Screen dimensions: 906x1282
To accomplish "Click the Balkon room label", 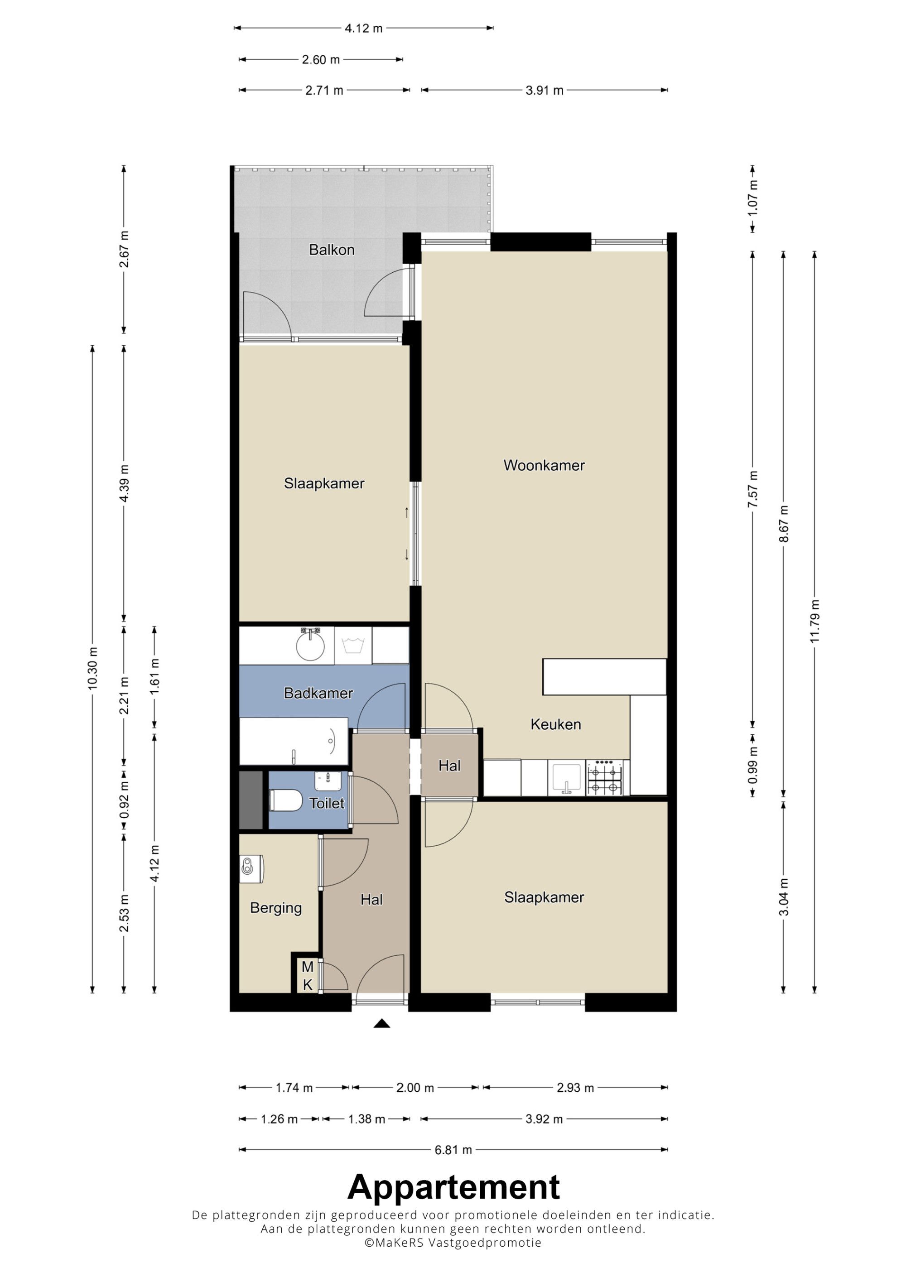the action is pyautogui.click(x=332, y=250).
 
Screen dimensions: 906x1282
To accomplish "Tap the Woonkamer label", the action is pyautogui.click(x=544, y=465).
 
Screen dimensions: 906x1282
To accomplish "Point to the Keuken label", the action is pyautogui.click(x=555, y=724).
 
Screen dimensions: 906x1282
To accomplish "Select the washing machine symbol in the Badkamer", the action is pyautogui.click(x=353, y=646).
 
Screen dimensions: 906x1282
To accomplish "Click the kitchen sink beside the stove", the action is pyautogui.click(x=567, y=778).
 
